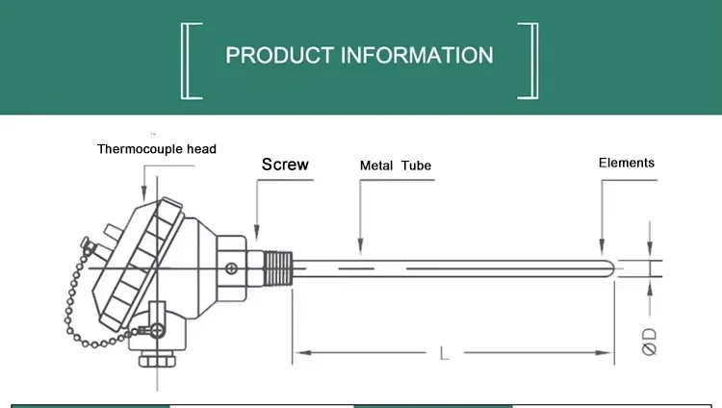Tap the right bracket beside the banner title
(x=529, y=61)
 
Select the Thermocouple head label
(x=157, y=149)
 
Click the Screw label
(x=285, y=165)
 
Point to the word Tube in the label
(x=416, y=166)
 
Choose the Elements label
(x=626, y=163)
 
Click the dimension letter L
(x=444, y=353)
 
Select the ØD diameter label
(x=650, y=341)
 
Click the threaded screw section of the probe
(x=276, y=265)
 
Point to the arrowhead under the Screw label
(x=257, y=236)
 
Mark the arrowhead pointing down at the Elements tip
(x=603, y=249)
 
